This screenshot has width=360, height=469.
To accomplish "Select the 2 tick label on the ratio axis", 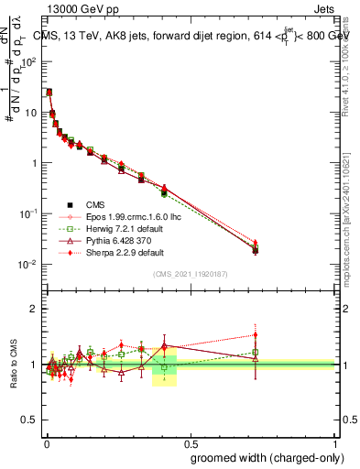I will click(34, 309).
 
